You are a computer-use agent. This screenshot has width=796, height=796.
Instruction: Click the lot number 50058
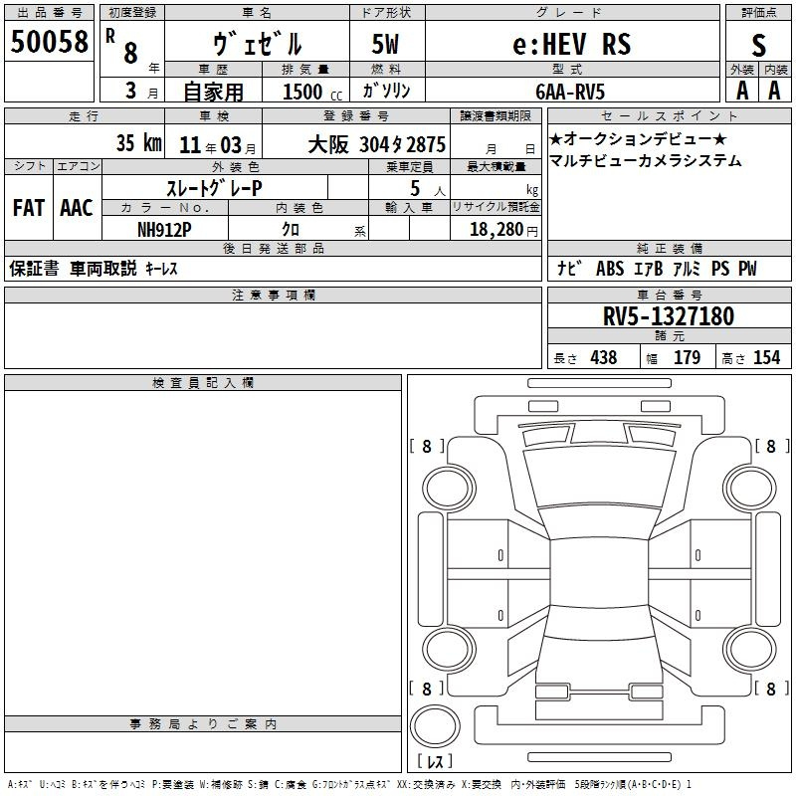coord(49,42)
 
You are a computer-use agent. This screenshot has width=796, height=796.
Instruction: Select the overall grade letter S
coord(758,45)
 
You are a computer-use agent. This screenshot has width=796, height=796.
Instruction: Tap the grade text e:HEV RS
coord(572,44)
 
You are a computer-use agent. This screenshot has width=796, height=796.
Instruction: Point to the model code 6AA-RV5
coord(570,92)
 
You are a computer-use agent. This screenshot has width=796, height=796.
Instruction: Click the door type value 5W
coord(385,44)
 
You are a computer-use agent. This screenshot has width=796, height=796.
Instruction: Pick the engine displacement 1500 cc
coord(312,92)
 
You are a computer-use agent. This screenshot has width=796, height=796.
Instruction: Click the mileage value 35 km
coord(139,142)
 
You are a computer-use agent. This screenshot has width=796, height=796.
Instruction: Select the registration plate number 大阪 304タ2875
coord(377,144)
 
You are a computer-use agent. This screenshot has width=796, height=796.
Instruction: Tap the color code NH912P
coord(164,230)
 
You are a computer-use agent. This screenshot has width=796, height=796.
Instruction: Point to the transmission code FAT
coord(29,208)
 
